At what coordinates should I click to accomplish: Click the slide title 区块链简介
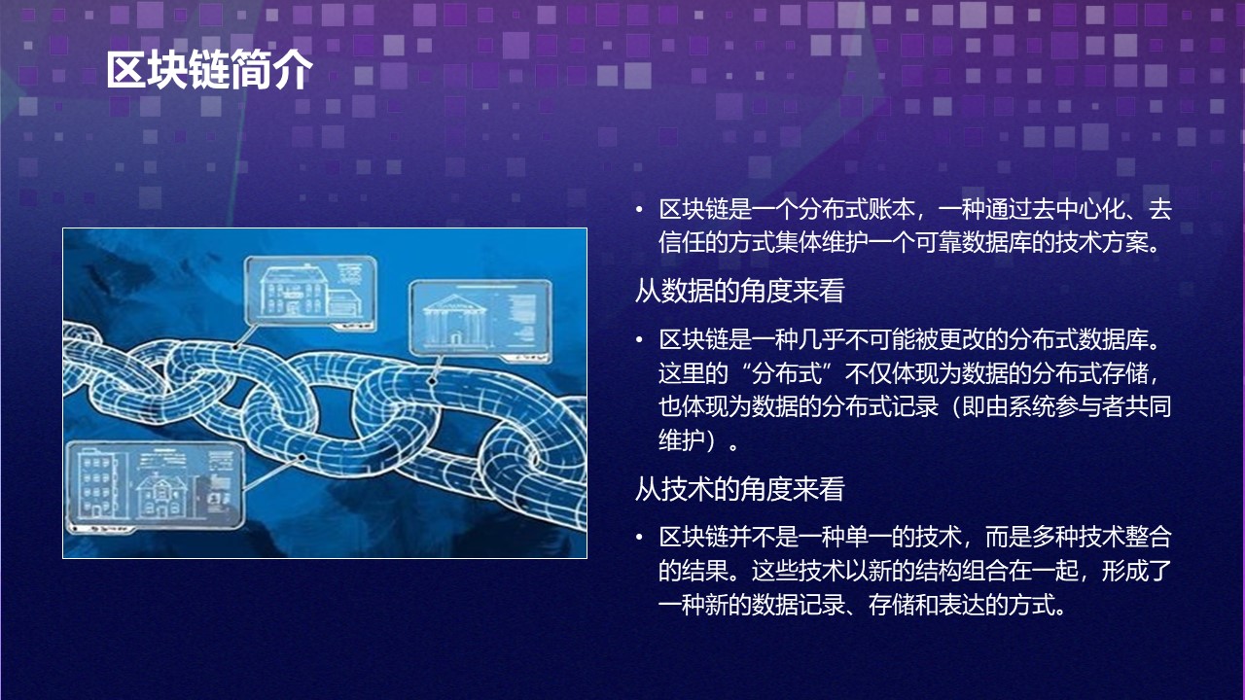click(x=209, y=70)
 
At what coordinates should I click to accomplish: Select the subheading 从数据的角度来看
click(x=739, y=291)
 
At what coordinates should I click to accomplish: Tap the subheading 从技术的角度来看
click(x=739, y=489)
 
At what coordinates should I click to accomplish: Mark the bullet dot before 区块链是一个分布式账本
click(x=639, y=209)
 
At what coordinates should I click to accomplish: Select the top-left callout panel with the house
click(x=309, y=288)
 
